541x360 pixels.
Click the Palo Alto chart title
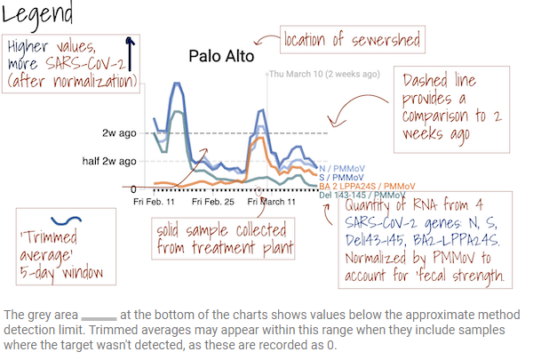[x=221, y=55]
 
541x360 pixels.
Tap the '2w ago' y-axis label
[x=119, y=133]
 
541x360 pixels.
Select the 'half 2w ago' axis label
[x=110, y=162]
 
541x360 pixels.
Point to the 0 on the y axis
[x=133, y=189]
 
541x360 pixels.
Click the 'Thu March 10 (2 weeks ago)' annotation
[x=324, y=74]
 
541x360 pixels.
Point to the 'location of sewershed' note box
[x=350, y=40]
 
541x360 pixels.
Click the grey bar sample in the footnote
[x=99, y=316]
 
